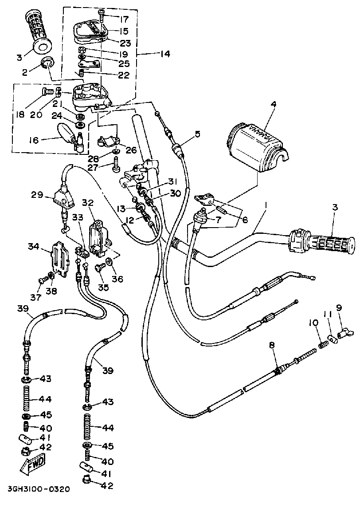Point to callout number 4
point(274,104)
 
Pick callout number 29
point(37,195)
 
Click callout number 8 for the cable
point(272,345)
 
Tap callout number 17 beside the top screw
point(124,19)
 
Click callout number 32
point(88,203)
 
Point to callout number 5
point(197,134)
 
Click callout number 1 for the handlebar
point(266,205)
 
